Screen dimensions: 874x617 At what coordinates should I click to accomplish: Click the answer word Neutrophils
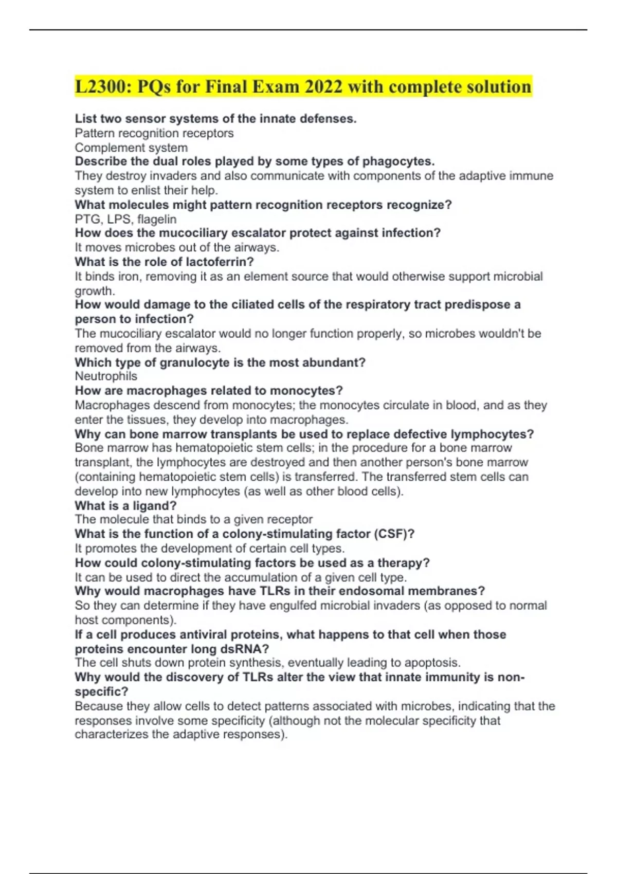coord(106,376)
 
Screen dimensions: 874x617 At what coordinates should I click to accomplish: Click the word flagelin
coord(157,220)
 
